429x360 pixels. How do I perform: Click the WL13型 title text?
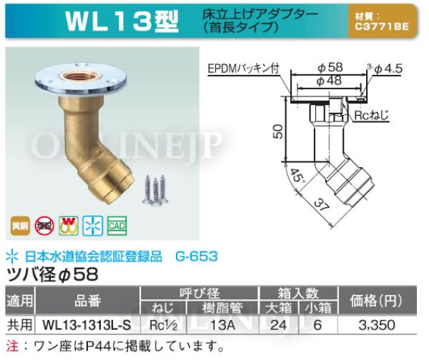coord(122,21)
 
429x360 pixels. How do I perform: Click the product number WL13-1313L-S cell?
coord(83,325)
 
